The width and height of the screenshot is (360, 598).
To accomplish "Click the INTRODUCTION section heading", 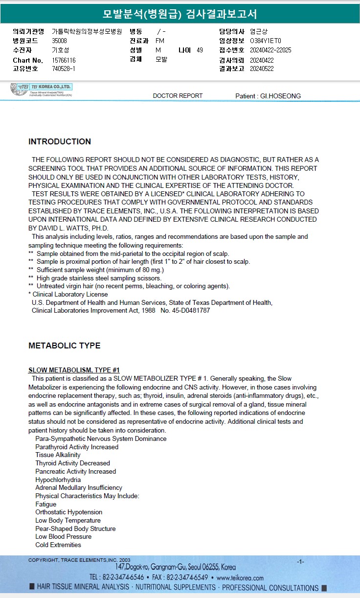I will (60, 142).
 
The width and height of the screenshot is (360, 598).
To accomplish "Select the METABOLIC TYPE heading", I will (65, 345).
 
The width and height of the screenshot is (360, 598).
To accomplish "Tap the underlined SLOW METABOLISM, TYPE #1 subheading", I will (74, 370).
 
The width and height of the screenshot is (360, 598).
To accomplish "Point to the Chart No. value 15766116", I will (64, 60).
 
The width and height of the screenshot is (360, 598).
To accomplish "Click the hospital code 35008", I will (59, 41).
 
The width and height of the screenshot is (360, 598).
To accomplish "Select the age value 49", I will (200, 50).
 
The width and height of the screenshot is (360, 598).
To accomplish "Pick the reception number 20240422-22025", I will (270, 50).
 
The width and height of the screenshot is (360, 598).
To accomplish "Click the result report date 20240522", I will (262, 69).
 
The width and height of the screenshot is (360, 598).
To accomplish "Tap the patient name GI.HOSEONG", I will (281, 96).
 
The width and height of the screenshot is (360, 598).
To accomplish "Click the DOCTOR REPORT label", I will (178, 96).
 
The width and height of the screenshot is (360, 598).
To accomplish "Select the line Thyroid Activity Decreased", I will (72, 463).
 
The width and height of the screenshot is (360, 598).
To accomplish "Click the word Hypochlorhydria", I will (58, 480).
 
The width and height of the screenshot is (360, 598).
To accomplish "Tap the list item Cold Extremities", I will (58, 545).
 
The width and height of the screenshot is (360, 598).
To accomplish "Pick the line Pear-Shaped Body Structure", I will (75, 529).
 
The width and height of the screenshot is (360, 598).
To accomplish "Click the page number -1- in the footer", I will (300, 561).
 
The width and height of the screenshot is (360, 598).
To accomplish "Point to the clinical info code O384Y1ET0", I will (266, 41).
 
